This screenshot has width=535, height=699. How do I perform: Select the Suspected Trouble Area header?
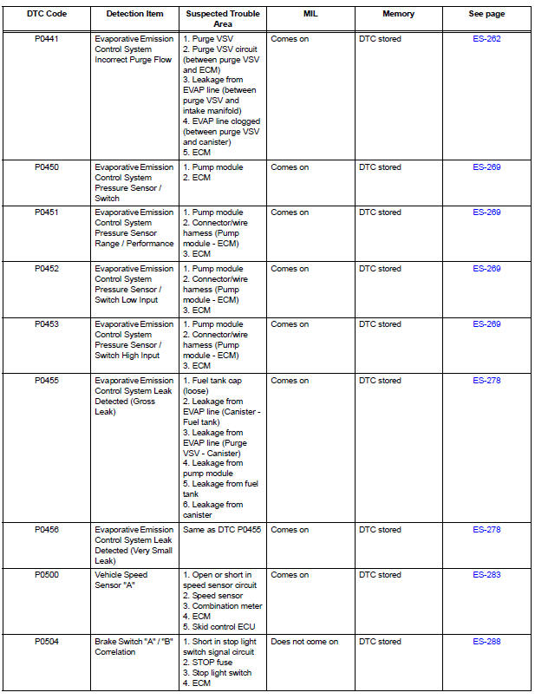tap(222, 18)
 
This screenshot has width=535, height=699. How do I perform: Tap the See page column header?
tap(486, 14)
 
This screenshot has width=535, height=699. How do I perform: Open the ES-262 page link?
tap(486, 39)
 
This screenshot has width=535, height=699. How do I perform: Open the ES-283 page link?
tap(486, 575)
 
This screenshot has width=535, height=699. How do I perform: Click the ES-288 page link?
tap(486, 642)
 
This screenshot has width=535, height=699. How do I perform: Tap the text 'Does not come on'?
tap(304, 642)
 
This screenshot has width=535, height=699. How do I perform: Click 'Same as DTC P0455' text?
tap(222, 530)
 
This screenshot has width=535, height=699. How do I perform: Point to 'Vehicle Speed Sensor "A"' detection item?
tap(121, 580)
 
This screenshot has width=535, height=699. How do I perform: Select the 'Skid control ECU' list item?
tap(220, 626)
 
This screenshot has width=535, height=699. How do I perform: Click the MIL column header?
tap(310, 14)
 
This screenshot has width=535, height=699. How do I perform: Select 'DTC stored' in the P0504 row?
tap(380, 642)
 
